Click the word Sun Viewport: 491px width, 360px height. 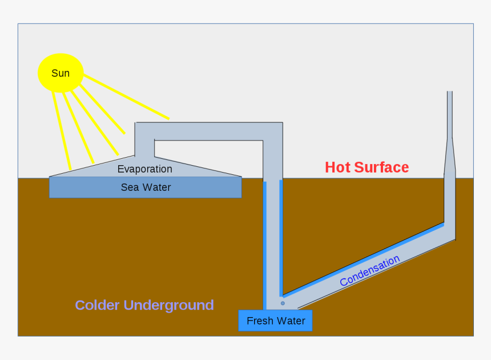point(61,73)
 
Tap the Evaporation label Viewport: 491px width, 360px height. point(144,169)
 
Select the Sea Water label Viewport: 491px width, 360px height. point(146,187)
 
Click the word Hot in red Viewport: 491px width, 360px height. point(337,167)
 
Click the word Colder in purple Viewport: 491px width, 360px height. point(97,305)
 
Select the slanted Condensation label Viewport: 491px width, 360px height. point(369,271)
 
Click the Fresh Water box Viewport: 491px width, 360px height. point(275,321)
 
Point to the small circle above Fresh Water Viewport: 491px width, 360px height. point(283,303)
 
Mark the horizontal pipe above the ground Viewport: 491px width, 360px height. point(217,131)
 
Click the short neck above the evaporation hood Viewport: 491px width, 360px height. point(144,147)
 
